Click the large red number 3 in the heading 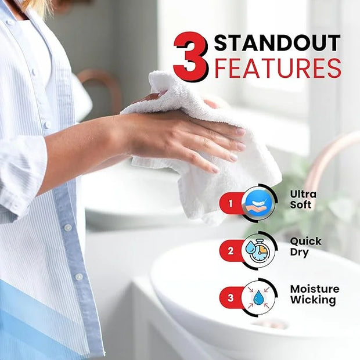(x=191, y=57)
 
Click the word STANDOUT (x=277, y=43)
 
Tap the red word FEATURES (x=278, y=68)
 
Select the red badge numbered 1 (x=231, y=203)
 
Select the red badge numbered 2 (x=231, y=251)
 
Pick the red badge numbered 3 (x=231, y=298)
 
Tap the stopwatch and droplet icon (x=258, y=251)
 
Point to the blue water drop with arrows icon (x=258, y=298)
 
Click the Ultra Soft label (x=303, y=200)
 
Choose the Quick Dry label (x=305, y=247)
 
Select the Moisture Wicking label (x=315, y=294)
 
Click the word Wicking (x=313, y=300)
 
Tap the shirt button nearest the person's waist (x=79, y=276)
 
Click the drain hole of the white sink (x=271, y=324)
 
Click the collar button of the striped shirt (x=10, y=22)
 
